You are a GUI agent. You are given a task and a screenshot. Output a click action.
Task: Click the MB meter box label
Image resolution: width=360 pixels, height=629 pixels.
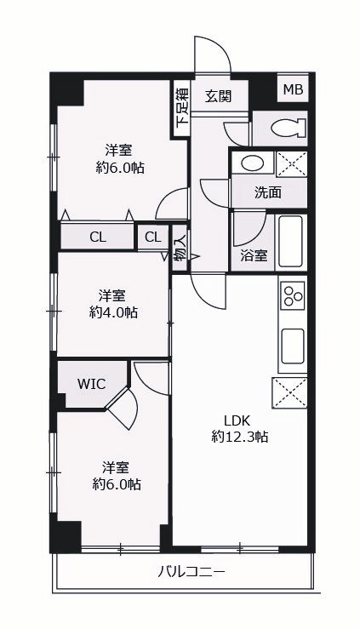(293, 89)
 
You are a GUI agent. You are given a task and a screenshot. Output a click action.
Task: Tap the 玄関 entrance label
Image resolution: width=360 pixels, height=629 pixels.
(218, 96)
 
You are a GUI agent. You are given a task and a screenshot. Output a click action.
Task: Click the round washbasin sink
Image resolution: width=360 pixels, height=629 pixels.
(253, 163)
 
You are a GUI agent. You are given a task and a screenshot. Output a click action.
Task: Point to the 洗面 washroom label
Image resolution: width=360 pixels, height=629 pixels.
(268, 193)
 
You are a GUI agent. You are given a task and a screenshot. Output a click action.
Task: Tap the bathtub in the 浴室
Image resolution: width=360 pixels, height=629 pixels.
(292, 242)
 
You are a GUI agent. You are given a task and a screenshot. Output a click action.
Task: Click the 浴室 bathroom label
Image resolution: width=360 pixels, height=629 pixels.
(254, 255)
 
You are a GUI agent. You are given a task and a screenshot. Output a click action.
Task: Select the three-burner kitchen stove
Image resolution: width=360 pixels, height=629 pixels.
(293, 295)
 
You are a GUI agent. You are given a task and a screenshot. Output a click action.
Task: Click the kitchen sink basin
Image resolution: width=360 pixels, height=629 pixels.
(293, 346)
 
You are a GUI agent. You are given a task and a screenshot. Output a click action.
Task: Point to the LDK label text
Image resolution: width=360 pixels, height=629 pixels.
(237, 420)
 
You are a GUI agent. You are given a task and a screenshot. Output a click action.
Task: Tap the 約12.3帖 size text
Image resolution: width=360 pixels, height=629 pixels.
(240, 437)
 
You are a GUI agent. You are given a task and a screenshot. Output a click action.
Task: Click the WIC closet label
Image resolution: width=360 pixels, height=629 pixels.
(91, 384)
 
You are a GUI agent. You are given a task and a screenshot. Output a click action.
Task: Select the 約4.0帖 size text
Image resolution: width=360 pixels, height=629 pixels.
(113, 312)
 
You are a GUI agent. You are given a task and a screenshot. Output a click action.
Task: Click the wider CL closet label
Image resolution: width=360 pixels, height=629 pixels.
(98, 237)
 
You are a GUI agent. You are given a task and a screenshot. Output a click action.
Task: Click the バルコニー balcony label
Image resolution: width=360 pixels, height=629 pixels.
(191, 571)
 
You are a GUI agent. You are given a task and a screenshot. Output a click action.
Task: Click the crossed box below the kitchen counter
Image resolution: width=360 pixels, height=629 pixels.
(289, 392)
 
